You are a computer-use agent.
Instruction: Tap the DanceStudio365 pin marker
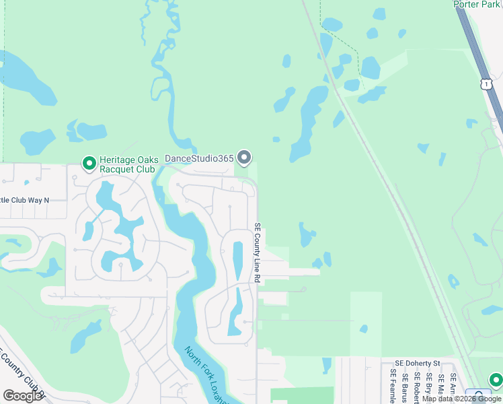(x=244, y=158)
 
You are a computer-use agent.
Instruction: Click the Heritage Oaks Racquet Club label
(x=129, y=164)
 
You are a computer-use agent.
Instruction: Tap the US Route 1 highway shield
(x=486, y=83)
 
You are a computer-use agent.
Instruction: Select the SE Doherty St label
(x=417, y=362)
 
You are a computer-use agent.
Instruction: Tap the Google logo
(x=23, y=396)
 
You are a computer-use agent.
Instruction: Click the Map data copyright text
(x=461, y=399)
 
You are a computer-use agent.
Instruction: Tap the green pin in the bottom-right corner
(x=496, y=380)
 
